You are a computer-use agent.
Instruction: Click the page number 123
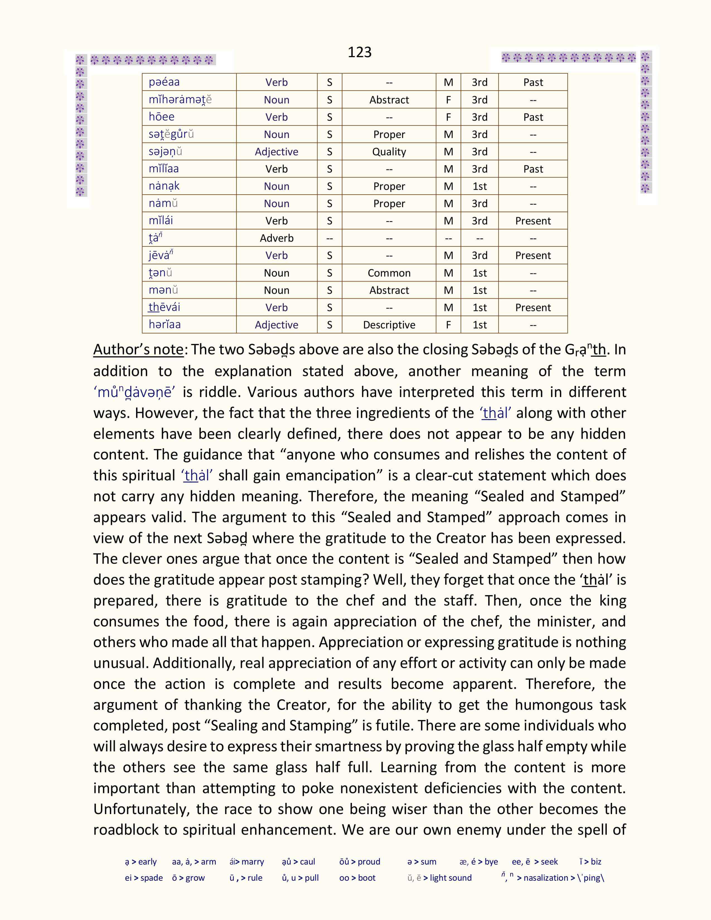click(359, 52)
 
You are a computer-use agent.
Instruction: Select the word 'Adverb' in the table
click(276, 238)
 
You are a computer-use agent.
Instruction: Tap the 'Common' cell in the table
click(389, 273)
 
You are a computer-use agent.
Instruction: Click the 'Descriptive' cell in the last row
click(389, 325)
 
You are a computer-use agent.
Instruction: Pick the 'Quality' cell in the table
click(389, 152)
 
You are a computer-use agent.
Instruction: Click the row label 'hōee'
click(161, 117)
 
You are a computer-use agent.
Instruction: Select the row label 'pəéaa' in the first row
click(164, 83)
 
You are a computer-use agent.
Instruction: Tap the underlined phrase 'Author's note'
click(138, 350)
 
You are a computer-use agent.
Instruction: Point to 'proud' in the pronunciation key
click(369, 861)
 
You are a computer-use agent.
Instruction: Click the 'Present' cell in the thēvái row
click(533, 308)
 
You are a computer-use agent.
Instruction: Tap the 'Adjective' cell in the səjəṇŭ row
click(276, 152)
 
